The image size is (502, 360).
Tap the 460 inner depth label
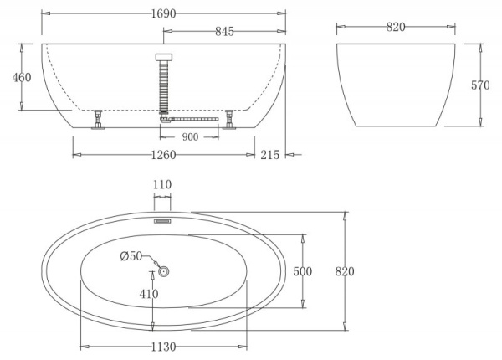tap(23, 77)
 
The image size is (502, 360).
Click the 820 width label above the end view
tap(396, 28)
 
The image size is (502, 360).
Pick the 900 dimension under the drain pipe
tap(190, 137)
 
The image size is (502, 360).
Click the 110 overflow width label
tap(162, 184)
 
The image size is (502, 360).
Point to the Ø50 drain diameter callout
tap(132, 256)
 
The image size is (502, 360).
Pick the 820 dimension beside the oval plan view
tap(345, 271)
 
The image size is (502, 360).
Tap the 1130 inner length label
tap(164, 347)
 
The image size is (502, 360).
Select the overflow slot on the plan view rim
tap(162, 222)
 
